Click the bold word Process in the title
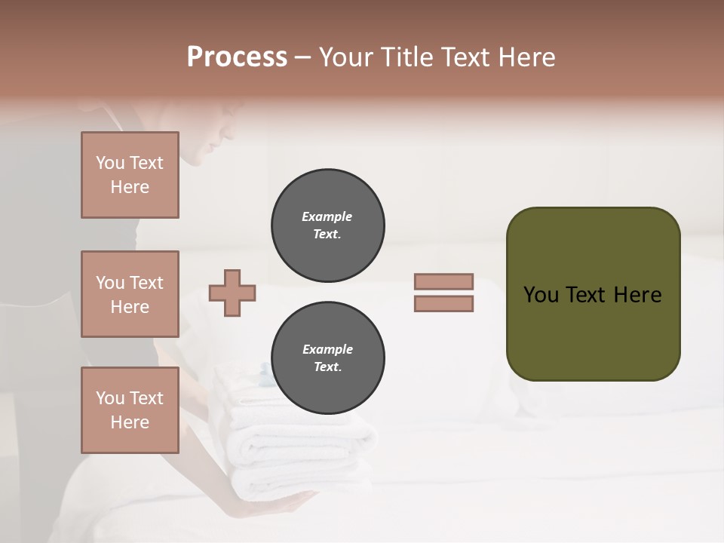click(237, 57)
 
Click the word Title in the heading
click(407, 57)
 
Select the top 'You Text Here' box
click(130, 175)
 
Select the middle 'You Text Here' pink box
click(130, 294)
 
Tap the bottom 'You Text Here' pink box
click(130, 410)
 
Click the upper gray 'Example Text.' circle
click(327, 225)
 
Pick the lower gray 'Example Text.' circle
click(327, 357)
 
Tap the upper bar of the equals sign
click(443, 281)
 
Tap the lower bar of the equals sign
click(443, 303)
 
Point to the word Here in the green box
click(637, 294)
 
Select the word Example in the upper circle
click(327, 216)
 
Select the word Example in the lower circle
click(327, 349)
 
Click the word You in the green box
click(541, 294)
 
